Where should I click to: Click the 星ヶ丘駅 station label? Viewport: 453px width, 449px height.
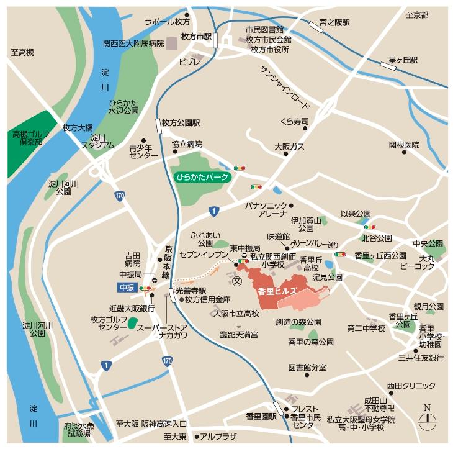tap(403, 60)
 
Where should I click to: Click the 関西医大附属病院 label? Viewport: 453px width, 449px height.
tap(133, 43)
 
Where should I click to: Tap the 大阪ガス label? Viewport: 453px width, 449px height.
tap(289, 147)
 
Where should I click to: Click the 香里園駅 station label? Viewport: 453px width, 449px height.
tap(261, 415)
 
